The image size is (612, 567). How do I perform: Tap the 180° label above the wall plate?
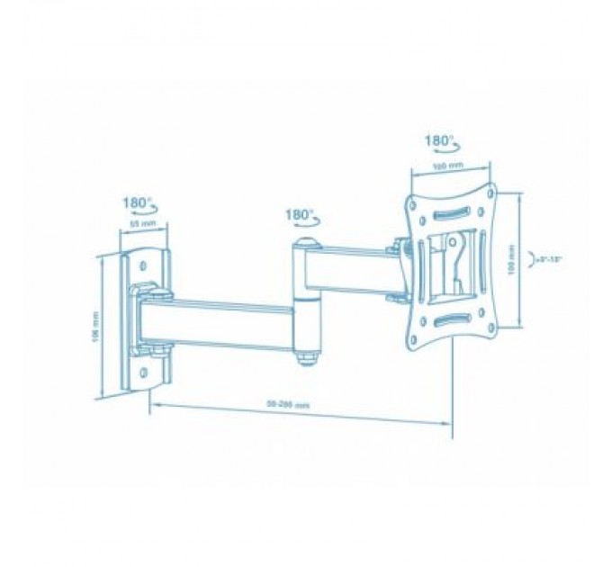point(139,203)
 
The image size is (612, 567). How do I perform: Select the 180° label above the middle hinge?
point(300,216)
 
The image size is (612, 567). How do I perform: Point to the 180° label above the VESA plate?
point(441,141)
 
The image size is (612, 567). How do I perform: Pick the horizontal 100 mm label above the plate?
point(446,166)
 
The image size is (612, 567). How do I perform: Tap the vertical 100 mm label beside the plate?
point(512,260)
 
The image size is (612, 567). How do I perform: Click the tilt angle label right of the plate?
point(547,259)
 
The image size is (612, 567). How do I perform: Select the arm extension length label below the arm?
point(294,405)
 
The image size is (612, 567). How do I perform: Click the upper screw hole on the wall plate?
point(143,265)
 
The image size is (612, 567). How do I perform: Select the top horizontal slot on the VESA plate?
point(450,215)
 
